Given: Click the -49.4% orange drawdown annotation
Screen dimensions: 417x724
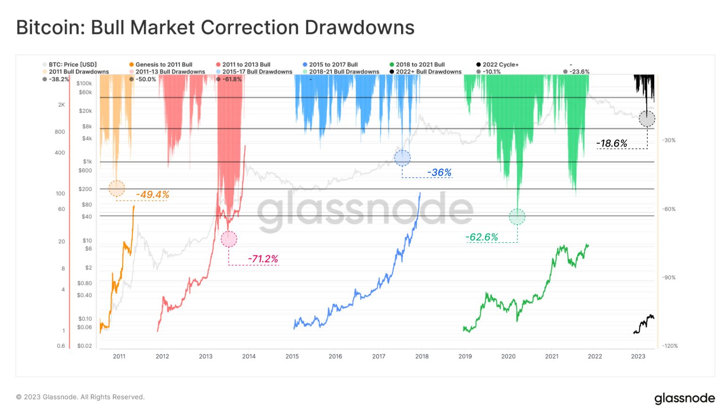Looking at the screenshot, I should (x=152, y=195).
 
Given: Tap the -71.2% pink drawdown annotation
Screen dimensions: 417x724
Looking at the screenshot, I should (x=263, y=259).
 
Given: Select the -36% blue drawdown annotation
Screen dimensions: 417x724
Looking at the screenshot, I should (x=439, y=172).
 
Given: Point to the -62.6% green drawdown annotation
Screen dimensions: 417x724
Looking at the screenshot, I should (x=481, y=237).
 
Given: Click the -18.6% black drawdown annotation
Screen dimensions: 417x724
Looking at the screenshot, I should (x=611, y=143).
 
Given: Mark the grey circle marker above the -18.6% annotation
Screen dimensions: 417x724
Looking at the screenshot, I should (x=647, y=119).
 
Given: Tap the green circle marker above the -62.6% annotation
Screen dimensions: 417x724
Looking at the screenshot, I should (x=517, y=217).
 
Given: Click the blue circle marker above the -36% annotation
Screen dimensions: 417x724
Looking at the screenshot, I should (x=402, y=158).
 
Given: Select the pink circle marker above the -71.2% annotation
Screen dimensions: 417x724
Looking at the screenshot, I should (x=229, y=239).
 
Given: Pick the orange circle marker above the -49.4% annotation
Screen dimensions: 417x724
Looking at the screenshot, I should (x=116, y=188).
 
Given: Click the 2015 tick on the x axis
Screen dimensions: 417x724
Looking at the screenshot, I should (x=292, y=356).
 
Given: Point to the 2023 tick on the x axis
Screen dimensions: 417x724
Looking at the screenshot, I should (x=638, y=356).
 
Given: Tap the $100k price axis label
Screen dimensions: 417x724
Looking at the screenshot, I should (x=84, y=83).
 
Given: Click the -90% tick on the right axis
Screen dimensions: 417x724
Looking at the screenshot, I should (x=668, y=278).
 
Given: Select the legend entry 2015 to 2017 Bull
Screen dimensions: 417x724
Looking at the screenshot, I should (x=333, y=65).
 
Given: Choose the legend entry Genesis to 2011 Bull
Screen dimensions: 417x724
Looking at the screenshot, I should (x=164, y=65).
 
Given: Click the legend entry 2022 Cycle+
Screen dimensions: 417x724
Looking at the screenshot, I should (x=500, y=65).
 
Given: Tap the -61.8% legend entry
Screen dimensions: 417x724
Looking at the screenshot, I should (x=231, y=79).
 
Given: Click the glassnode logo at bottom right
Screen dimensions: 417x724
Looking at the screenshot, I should (x=684, y=398).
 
